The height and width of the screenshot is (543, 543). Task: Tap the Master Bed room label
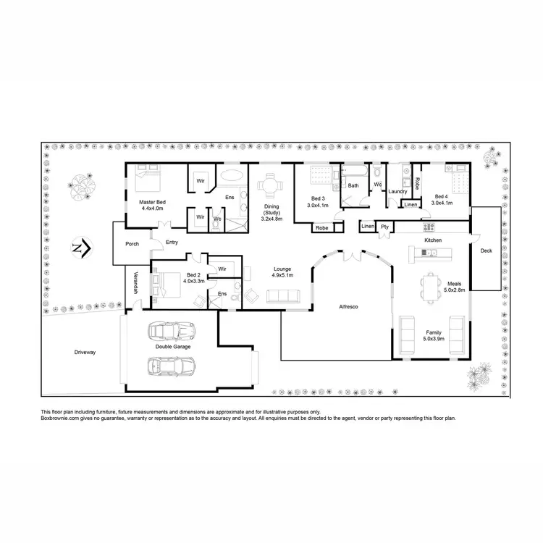[x=152, y=202]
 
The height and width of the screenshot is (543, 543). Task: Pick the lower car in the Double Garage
[x=170, y=366]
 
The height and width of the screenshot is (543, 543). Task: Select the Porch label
[x=132, y=244]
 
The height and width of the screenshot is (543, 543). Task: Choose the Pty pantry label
[x=385, y=227]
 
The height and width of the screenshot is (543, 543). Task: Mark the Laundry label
[x=397, y=191]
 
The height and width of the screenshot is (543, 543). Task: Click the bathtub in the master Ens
[x=232, y=176]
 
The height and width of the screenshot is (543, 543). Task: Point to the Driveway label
[x=85, y=352]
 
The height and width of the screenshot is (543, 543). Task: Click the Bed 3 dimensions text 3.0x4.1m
[x=319, y=205]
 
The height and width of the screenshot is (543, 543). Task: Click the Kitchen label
[x=433, y=240]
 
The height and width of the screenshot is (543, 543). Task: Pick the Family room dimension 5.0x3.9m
[x=433, y=338]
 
